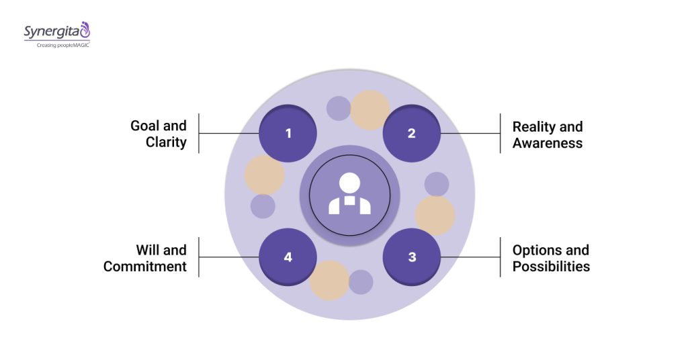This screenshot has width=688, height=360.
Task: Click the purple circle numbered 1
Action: pos(288,133)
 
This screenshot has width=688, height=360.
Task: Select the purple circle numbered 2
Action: pos(411,133)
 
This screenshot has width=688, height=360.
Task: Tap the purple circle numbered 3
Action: pos(411,257)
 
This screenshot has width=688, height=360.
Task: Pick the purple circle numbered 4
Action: pos(288,257)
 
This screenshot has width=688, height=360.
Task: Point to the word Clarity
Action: pos(166,142)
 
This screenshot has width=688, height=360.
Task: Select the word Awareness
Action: pos(548,142)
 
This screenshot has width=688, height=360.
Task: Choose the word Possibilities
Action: pos(551,266)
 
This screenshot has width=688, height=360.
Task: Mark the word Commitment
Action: pos(145,266)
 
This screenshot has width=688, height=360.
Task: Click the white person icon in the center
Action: pos(349,195)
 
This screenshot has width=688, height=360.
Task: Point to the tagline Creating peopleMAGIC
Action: pos(58,45)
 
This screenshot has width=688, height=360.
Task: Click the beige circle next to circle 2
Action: pos(370,109)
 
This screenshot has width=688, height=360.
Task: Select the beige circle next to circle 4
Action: pos(329,280)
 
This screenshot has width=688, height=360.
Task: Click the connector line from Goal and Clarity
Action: pos(228,133)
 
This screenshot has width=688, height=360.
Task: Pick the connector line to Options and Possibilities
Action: pos(470,257)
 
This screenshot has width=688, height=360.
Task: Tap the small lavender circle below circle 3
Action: pos(361,282)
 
